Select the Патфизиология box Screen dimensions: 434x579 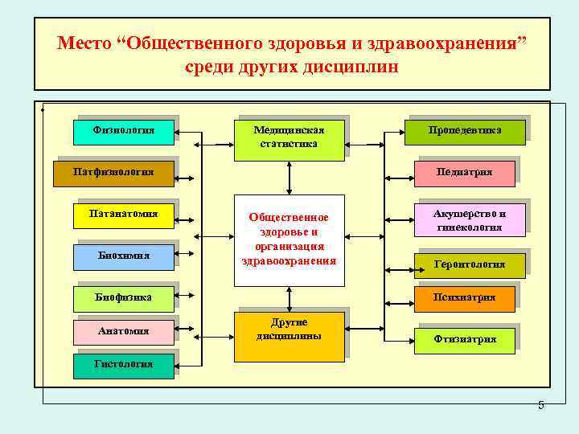[113, 172]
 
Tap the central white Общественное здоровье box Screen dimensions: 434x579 [289, 240]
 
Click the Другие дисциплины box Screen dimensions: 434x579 [289, 330]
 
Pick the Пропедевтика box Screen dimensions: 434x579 [465, 131]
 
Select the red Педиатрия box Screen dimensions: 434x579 [465, 172]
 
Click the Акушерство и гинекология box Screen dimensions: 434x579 [469, 220]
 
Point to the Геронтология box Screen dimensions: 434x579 [469, 264]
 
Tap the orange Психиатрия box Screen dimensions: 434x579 [465, 298]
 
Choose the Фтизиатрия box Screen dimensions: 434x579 [465, 339]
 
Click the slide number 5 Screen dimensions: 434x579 [540, 405]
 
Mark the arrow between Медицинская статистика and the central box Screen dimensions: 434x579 [289, 176]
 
